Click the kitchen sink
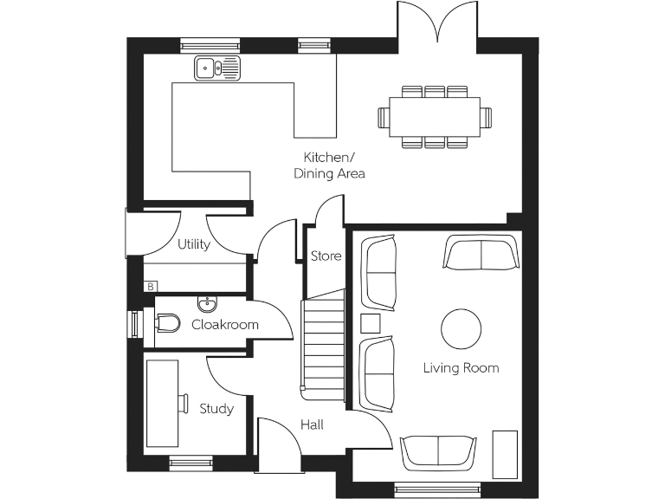(217, 67)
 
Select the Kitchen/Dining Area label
(329, 165)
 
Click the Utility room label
(193, 244)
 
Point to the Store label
(326, 256)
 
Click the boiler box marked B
(151, 286)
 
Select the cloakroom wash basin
(207, 304)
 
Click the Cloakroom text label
(225, 325)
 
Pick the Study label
(216, 408)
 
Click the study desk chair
(184, 402)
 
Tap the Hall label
(312, 424)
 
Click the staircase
(323, 347)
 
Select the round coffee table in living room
(462, 328)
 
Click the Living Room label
(461, 368)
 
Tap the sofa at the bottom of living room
(438, 452)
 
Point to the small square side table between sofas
(371, 323)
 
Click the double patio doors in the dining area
(437, 22)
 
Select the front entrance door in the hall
(277, 446)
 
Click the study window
(190, 461)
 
